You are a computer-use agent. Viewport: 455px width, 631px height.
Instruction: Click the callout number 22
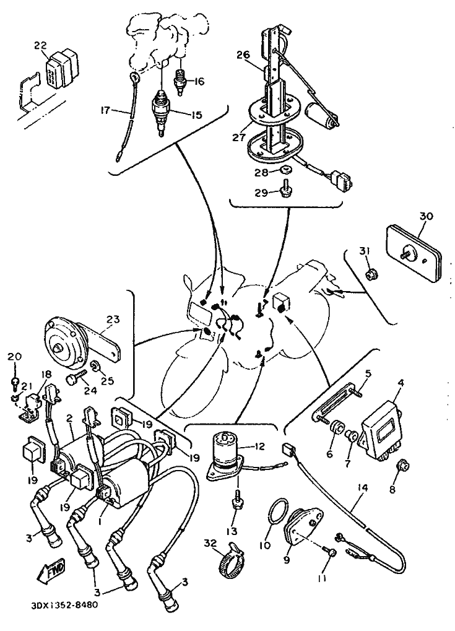tap(41, 45)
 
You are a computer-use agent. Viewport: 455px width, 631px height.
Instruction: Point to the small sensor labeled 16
tap(180, 82)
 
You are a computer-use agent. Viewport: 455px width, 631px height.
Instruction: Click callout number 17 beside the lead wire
tap(105, 110)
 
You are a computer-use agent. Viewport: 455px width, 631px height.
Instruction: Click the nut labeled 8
tap(403, 467)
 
